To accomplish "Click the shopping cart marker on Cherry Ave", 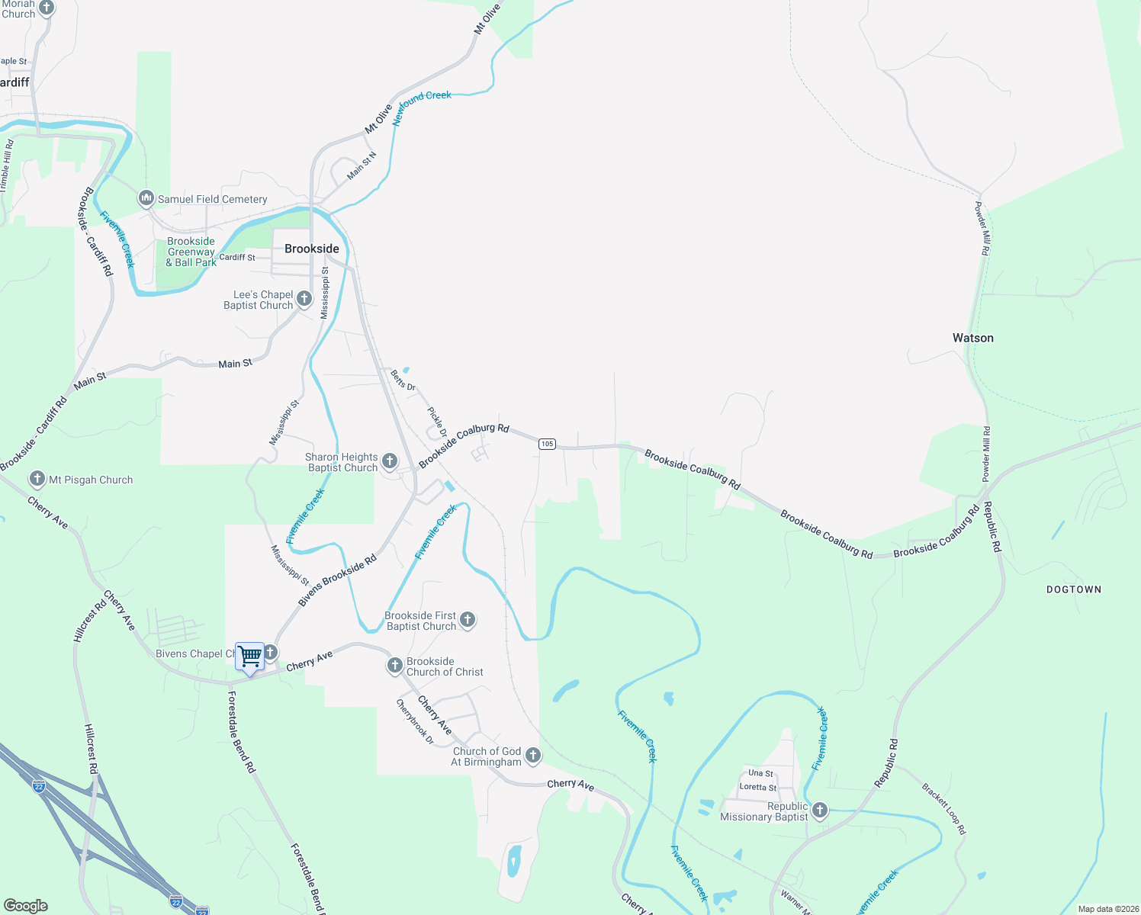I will tap(249, 657).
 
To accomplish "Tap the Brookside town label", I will tap(311, 249).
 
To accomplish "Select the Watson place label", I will tap(972, 338).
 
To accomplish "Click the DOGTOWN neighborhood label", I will tap(1073, 589).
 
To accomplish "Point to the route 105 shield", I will tap(546, 444).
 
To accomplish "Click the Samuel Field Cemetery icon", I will tap(146, 199).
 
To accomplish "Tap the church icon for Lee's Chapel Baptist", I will tap(304, 299).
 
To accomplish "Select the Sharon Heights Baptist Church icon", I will tap(389, 461).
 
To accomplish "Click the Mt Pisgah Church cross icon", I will tap(37, 480).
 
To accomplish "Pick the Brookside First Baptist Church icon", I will tap(468, 620).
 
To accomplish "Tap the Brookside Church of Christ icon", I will tap(394, 666).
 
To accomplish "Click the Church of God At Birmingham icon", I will tap(533, 756).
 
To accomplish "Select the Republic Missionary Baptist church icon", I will tap(820, 811).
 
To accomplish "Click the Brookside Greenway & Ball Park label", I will tap(191, 252).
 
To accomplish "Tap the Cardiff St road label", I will tap(237, 258).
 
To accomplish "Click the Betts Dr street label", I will tap(403, 380).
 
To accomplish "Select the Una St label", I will tap(760, 772).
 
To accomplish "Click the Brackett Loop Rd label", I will tap(943, 808).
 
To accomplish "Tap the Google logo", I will tap(26, 906).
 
